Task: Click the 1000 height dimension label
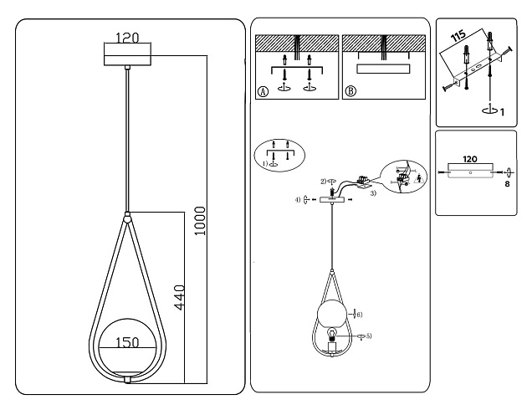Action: point(200,220)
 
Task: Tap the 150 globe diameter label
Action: point(127,341)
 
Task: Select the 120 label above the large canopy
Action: point(127,38)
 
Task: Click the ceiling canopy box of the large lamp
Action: point(126,55)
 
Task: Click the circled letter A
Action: point(263,91)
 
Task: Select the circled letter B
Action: point(350,91)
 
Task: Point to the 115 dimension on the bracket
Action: point(457,39)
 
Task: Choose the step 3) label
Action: point(373,193)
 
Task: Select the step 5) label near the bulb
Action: point(368,336)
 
